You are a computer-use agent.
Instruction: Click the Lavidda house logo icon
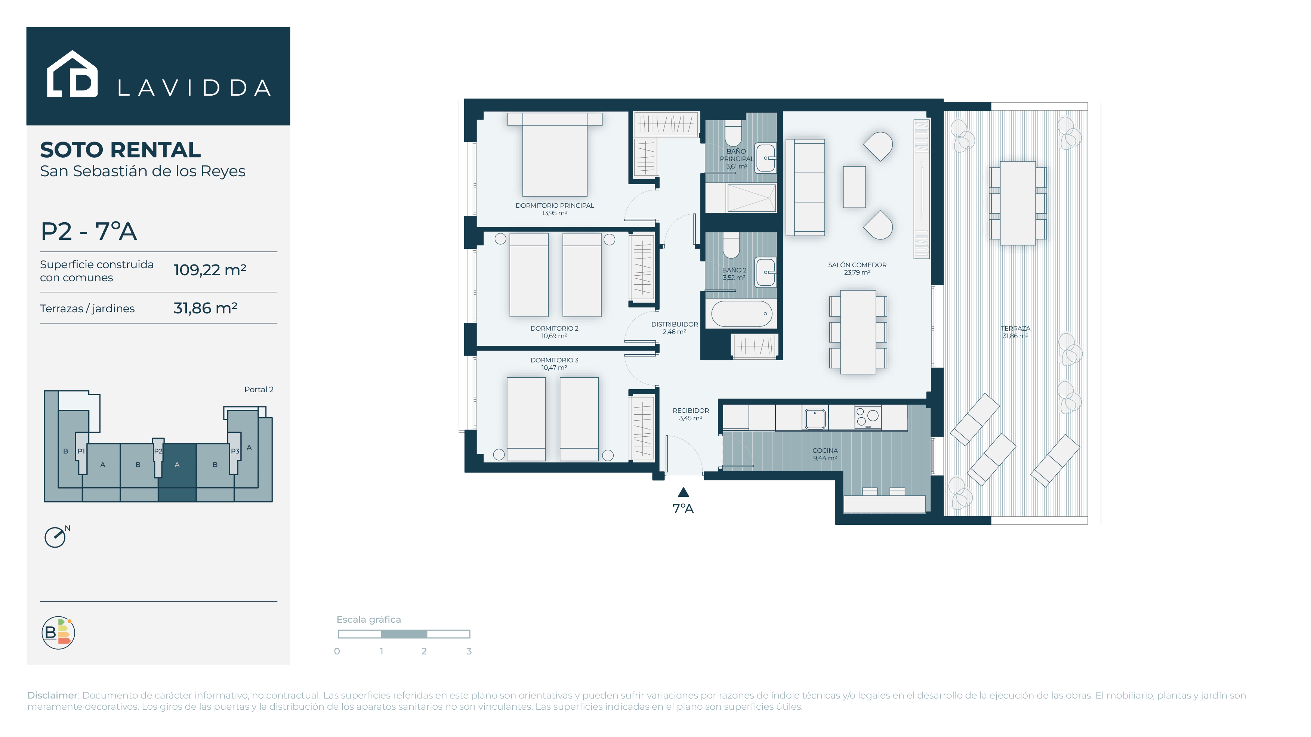(x=72, y=74)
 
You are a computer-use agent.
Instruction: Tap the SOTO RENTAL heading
(x=121, y=150)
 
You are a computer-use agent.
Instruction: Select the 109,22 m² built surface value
(x=210, y=270)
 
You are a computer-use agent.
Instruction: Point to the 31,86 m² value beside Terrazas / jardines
(x=205, y=308)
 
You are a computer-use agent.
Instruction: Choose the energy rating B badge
(x=58, y=633)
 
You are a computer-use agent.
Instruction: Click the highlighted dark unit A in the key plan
(x=177, y=472)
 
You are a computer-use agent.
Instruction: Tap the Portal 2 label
(x=259, y=390)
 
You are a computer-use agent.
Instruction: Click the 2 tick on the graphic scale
(x=424, y=651)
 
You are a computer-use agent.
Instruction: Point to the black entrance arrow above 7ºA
(x=684, y=492)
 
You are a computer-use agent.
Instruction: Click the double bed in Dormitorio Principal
(x=555, y=155)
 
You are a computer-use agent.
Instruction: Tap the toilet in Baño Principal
(x=733, y=133)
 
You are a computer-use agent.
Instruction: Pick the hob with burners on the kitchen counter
(x=868, y=418)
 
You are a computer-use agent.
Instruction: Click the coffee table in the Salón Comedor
(x=854, y=187)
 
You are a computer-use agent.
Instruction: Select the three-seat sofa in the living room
(x=805, y=187)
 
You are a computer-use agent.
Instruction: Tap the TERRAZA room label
(x=1015, y=329)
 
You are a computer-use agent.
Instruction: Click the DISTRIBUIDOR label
(x=674, y=325)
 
